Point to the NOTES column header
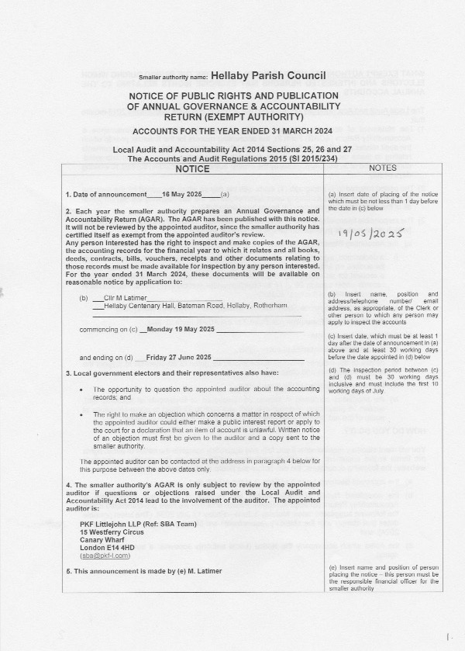coord(384,168)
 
